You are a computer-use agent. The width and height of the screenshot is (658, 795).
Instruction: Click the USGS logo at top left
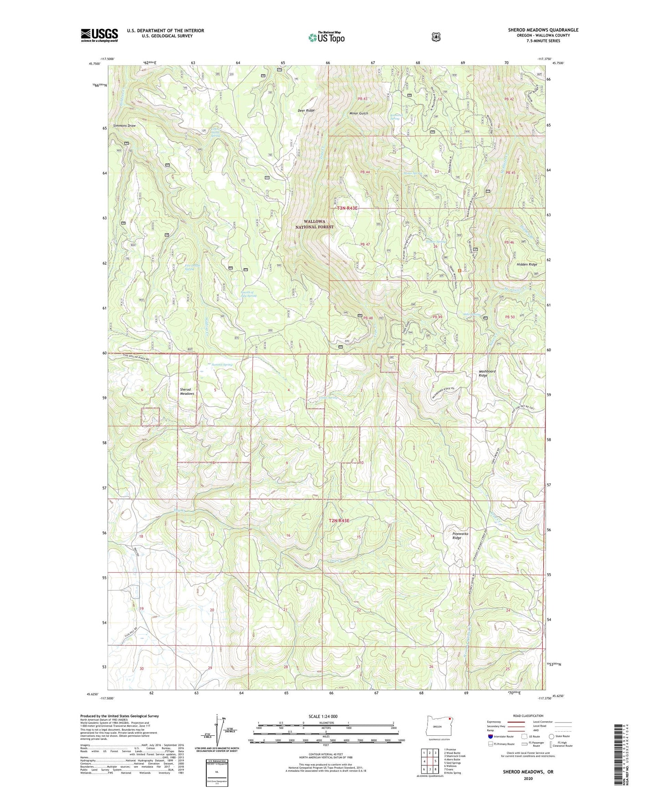tap(99, 35)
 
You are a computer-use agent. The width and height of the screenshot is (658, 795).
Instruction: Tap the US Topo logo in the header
tap(326, 38)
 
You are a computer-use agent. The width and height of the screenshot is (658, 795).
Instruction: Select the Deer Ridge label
tap(306, 111)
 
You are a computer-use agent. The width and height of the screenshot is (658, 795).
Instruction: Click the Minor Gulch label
tap(358, 113)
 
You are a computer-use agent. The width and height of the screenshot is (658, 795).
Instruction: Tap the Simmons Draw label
tap(125, 126)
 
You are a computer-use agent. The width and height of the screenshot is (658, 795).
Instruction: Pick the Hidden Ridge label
tap(527, 265)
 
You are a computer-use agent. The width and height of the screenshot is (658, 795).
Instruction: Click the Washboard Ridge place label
tap(487, 373)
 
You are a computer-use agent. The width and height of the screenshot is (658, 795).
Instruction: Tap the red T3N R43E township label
tap(347, 208)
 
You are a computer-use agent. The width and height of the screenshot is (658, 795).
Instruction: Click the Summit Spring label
tap(222, 364)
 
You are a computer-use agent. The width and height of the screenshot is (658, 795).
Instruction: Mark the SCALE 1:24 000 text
tap(323, 716)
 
